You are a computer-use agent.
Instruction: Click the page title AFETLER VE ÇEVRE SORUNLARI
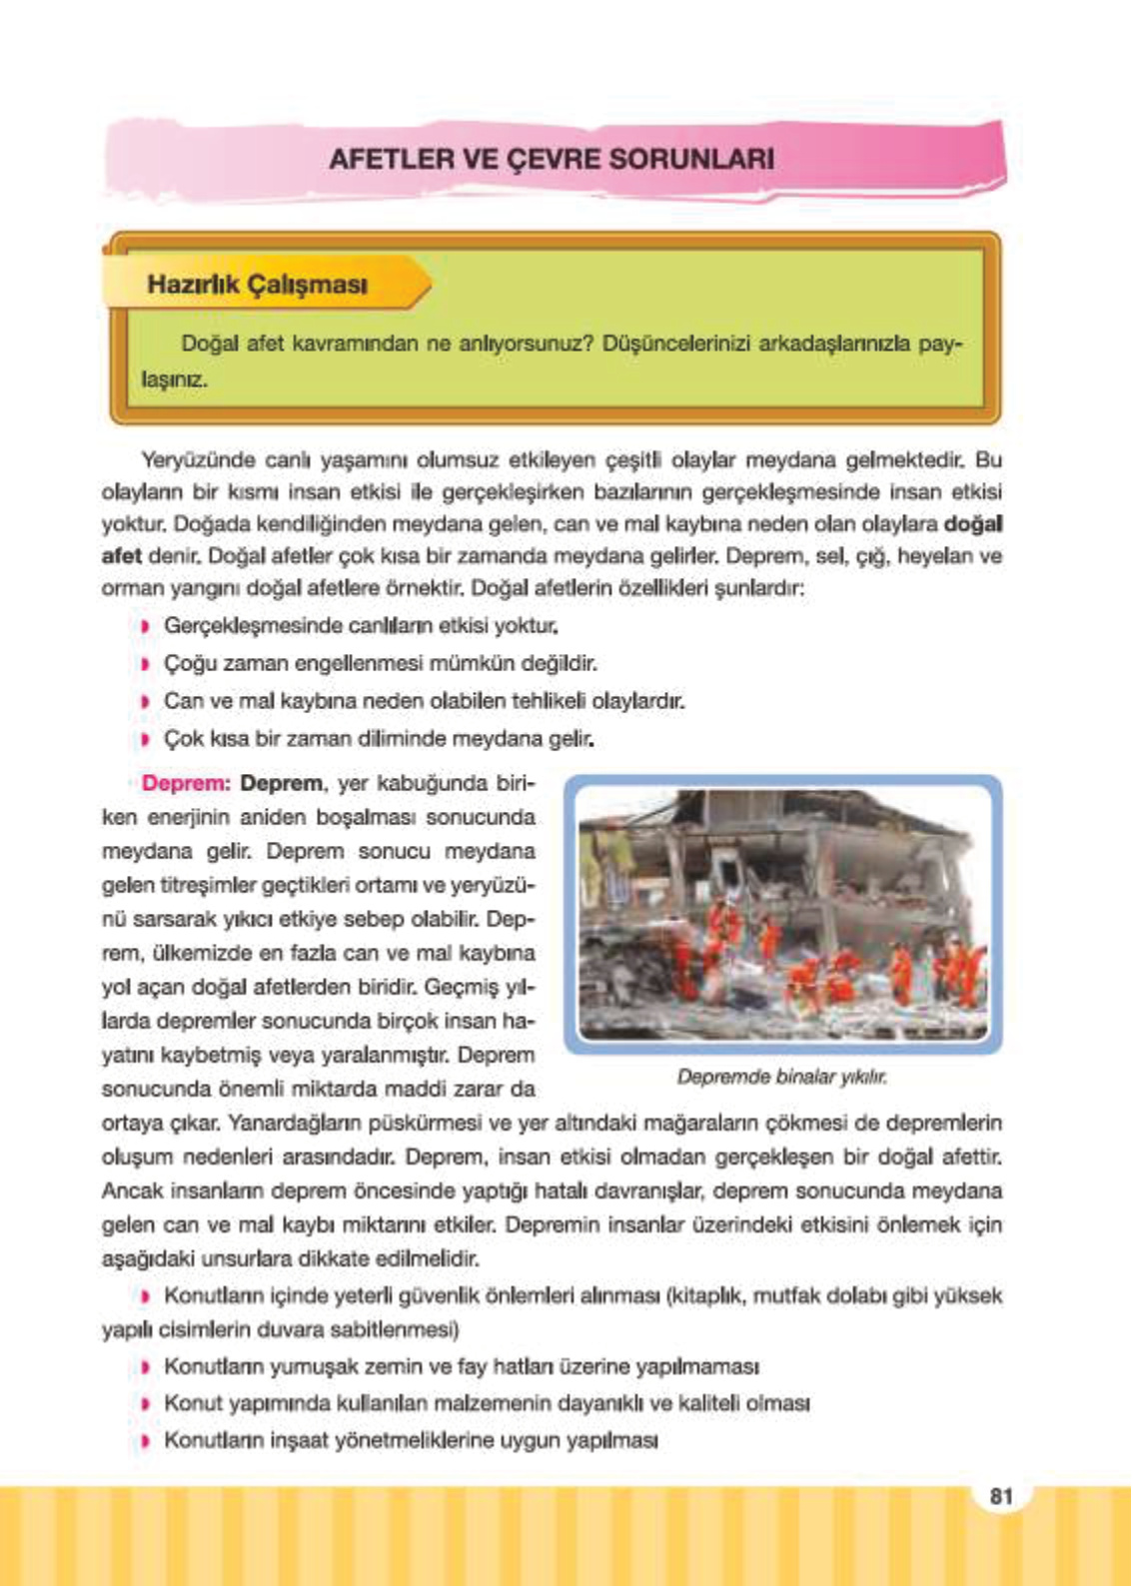[x=552, y=159]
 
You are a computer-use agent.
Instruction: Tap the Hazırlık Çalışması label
[x=257, y=285]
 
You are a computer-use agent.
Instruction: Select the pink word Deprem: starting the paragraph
[x=186, y=783]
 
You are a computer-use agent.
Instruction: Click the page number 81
[x=1001, y=1495]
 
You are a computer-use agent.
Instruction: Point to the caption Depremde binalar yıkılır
[x=781, y=1077]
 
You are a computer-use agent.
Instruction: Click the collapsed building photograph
[x=783, y=914]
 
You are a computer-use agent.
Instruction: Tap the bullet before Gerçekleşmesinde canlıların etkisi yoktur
[x=145, y=626]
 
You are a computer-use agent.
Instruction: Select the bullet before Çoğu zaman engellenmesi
[x=145, y=664]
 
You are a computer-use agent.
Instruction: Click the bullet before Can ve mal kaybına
[x=145, y=702]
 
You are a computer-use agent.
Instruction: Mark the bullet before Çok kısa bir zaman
[x=145, y=740]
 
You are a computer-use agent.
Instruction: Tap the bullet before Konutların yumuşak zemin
[x=146, y=1366]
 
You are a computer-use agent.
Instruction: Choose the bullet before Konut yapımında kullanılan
[x=146, y=1404]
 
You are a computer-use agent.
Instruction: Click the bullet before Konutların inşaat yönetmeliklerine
[x=146, y=1441]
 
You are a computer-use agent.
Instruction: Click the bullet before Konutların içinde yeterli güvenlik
[x=146, y=1296]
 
